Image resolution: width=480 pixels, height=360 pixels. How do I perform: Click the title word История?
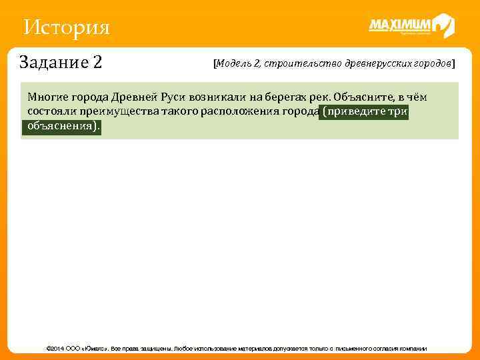tap(65, 28)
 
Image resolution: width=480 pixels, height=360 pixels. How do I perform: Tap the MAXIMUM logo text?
tap(400, 25)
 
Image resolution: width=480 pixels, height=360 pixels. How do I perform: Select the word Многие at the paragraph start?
tap(47, 97)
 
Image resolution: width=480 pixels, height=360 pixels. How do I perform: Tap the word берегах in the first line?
tap(283, 97)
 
